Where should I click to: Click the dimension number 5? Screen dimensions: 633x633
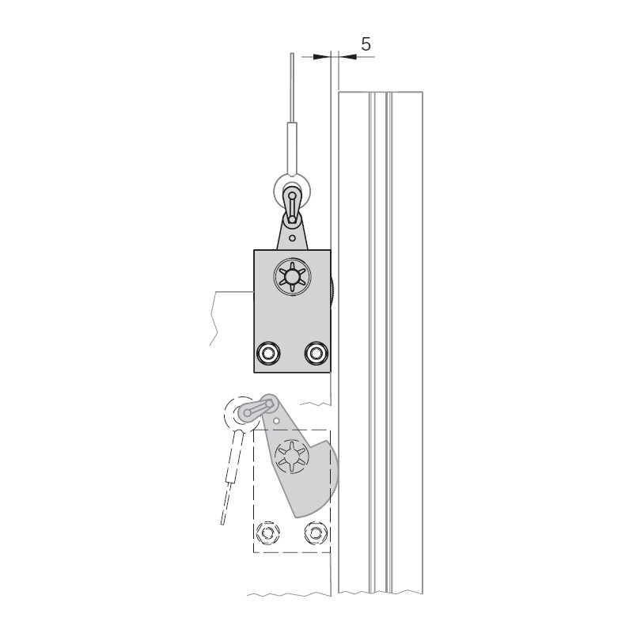tap(366, 44)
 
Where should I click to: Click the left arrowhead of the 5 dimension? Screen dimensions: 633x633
tap(322, 57)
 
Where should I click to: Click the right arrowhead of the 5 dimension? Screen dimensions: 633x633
tap(347, 57)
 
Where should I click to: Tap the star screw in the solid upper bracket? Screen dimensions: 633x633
tap(292, 276)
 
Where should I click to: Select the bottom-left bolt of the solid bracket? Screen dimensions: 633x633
tap(267, 353)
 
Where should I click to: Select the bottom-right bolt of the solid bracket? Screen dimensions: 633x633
tap(316, 353)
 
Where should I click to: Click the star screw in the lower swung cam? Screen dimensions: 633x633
tap(291, 457)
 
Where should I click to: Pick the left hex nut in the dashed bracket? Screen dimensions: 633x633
tap(267, 533)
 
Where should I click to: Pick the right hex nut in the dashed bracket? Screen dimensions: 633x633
tap(315, 533)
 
